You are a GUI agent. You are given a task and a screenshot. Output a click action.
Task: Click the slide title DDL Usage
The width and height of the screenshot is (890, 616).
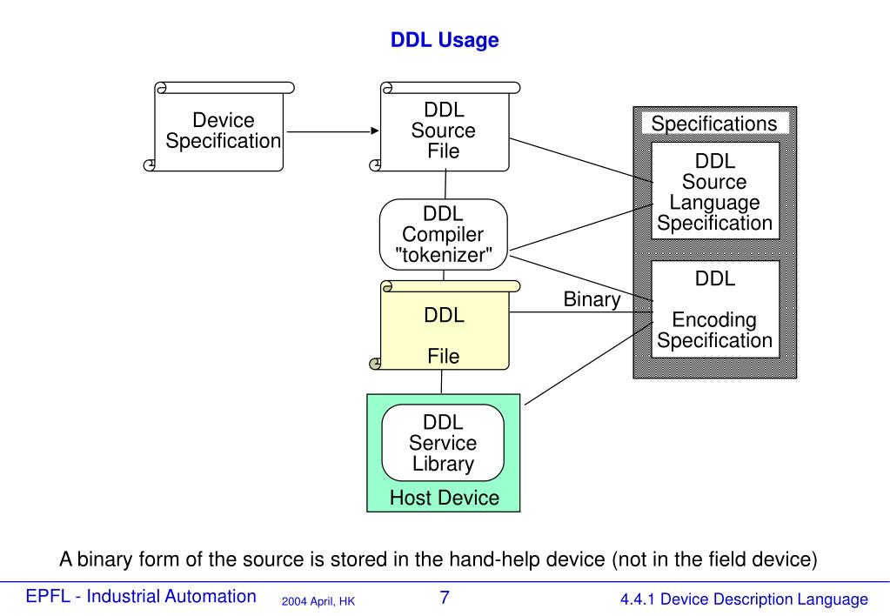tap(445, 40)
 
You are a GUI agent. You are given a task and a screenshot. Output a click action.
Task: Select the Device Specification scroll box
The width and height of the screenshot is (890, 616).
tap(224, 131)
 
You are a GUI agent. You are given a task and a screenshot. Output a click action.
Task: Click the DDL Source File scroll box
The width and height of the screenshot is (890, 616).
tap(444, 131)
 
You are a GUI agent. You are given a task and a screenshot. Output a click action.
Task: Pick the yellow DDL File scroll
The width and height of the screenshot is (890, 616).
tap(444, 326)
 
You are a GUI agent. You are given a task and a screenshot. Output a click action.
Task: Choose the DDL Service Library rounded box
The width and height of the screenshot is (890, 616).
tap(444, 443)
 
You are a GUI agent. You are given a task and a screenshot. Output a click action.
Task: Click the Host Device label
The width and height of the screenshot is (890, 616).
tap(444, 498)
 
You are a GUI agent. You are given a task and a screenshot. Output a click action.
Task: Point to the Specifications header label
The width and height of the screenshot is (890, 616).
tap(714, 124)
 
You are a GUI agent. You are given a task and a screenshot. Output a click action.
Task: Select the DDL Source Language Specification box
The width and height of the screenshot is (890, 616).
tap(714, 192)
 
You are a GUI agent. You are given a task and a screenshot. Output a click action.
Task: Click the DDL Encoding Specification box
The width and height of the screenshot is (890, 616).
tap(714, 310)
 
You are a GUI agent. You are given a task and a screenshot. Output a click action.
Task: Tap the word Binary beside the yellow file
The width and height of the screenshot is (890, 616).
tap(592, 300)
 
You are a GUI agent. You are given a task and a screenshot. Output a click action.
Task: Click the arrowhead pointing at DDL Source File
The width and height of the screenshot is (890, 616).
tap(376, 131)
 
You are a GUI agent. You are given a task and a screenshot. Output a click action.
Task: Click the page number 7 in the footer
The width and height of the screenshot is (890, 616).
tap(445, 598)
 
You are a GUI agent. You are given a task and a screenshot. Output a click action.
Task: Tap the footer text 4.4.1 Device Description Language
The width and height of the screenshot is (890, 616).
tap(744, 599)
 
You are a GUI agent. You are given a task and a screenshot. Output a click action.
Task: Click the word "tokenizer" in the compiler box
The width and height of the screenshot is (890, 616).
tap(444, 255)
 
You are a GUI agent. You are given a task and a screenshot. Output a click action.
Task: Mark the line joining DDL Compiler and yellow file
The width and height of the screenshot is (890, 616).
tap(444, 275)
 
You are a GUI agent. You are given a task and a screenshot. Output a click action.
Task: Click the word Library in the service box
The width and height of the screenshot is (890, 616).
tap(444, 464)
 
